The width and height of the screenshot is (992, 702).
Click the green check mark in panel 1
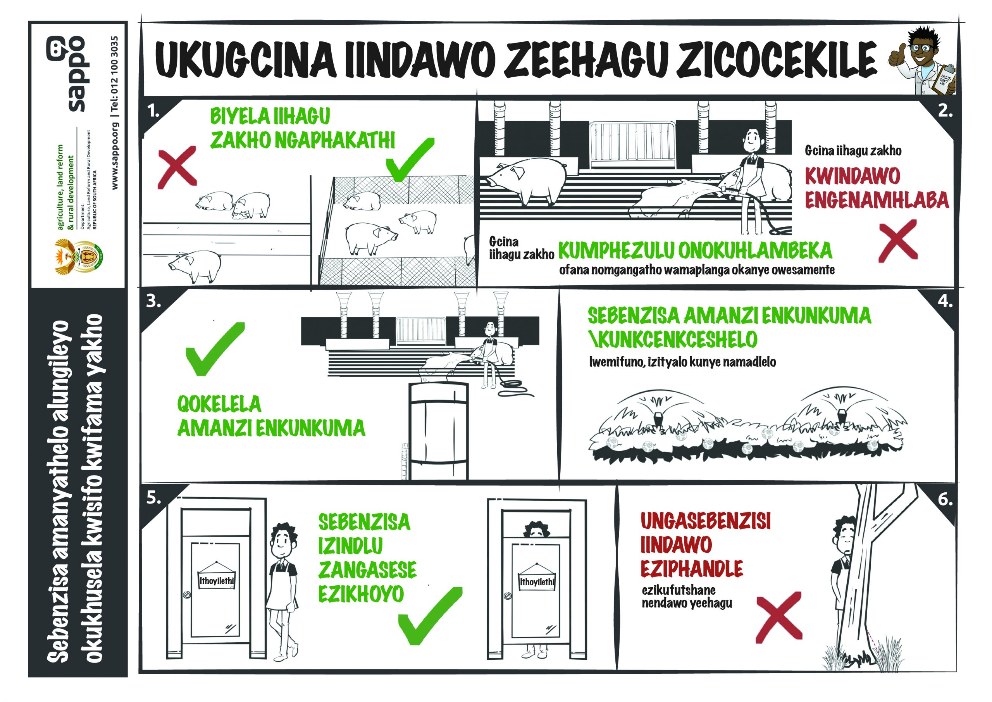[x=410, y=160]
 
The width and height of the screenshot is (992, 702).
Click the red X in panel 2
[x=898, y=241]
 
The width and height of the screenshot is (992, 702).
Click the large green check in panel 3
[x=215, y=349]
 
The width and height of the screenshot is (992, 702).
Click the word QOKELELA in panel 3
[x=219, y=404]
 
